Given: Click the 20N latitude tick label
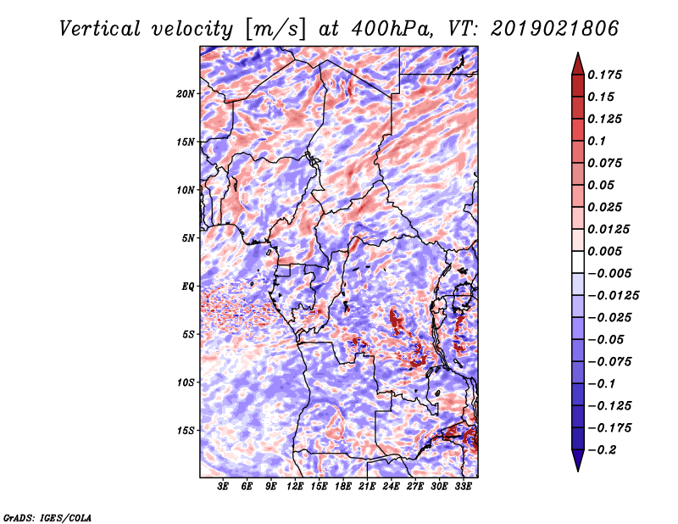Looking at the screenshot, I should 186,93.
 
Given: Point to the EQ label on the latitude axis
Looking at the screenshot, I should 188,286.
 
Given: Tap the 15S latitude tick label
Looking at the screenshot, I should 186,430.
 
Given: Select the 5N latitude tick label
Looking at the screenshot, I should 188,237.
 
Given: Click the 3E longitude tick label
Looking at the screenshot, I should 223,488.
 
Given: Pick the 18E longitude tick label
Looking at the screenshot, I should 343,488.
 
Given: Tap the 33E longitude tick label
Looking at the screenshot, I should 463,488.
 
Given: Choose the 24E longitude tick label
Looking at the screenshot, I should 391,488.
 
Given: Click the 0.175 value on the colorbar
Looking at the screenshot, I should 608,75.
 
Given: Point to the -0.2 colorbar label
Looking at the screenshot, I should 603,449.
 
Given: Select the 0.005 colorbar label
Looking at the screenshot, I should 608,251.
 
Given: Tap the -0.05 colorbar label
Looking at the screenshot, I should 607,339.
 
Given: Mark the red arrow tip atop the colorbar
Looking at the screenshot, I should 576,58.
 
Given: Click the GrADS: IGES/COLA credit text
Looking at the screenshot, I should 47,516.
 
